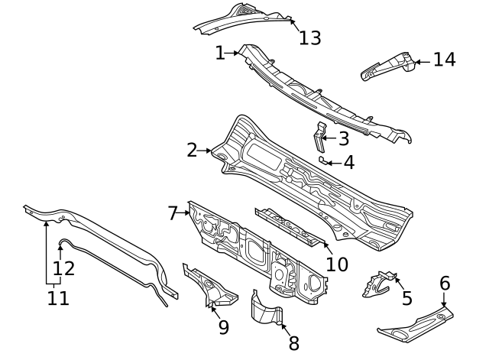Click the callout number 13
coord(310,37)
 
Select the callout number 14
coord(444,60)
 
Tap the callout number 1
coord(220,53)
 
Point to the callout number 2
coord(192,151)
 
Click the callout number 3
coord(343,138)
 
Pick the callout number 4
coord(348,162)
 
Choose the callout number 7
coord(173,213)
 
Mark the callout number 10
coord(336,264)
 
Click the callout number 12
coord(63,268)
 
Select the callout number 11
coord(58,297)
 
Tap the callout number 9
coord(223,327)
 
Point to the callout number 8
coord(293,344)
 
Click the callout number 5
coord(406,298)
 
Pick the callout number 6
coord(445,284)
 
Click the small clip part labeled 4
coord(324,160)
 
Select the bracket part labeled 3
coord(319,136)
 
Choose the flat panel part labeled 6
coord(413,323)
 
